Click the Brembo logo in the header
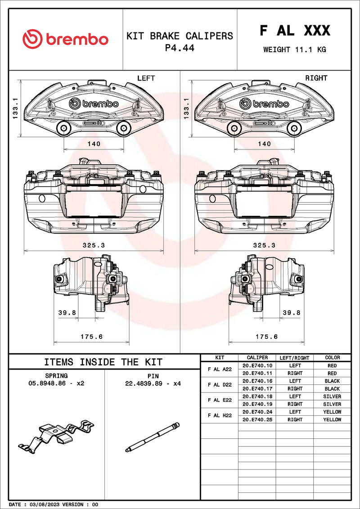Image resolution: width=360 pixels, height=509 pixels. tap(66, 39)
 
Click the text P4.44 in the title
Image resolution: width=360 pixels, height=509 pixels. tap(180, 48)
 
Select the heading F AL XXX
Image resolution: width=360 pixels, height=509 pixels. tap(295, 31)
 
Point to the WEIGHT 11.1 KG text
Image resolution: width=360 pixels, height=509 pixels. tap(295, 50)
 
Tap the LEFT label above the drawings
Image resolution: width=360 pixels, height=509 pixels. tap(146, 78)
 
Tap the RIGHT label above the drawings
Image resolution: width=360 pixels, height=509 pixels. tap(316, 78)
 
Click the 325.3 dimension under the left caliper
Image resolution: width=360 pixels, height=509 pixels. tap(94, 245)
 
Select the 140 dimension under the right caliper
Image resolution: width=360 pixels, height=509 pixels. tap(264, 144)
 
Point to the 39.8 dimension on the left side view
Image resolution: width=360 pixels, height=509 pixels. tap(67, 313)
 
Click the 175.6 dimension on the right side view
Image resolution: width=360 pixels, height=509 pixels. tap(267, 337)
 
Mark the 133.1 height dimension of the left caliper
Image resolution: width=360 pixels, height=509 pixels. tap(15, 109)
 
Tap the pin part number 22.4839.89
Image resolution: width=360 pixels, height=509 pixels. tap(147, 383)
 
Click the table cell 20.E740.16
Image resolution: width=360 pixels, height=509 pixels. tap(257, 381)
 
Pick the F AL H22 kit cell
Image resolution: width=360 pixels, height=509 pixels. tap(220, 415)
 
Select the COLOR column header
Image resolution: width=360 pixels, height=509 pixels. tap(332, 358)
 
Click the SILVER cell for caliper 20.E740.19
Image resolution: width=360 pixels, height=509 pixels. tap(332, 404)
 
